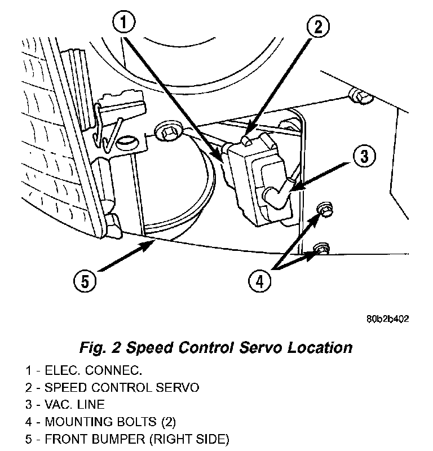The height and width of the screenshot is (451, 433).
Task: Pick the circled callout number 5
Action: pos(85,280)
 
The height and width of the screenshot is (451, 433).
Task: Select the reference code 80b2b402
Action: pos(386,319)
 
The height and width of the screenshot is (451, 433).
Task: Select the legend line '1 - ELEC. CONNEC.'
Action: pos(83,370)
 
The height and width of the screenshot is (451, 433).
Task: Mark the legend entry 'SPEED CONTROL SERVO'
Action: pos(121,387)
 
